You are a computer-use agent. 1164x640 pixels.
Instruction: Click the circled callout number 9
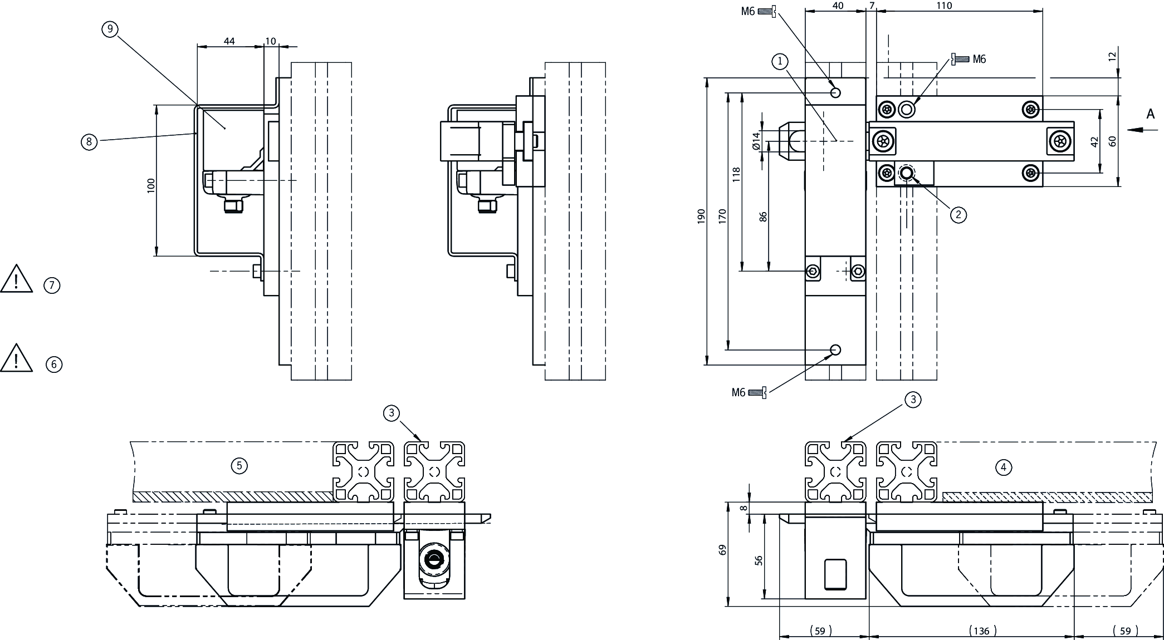coord(110,29)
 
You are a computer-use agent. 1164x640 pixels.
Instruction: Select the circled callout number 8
coord(89,142)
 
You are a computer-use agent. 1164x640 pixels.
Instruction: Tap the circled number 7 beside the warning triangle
coord(52,285)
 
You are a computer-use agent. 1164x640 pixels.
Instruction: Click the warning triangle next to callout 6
coord(16,358)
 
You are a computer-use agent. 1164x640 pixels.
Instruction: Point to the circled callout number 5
coord(239,465)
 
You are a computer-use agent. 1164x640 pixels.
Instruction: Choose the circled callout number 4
coord(1003,467)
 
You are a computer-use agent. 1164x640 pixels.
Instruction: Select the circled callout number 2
coord(958,214)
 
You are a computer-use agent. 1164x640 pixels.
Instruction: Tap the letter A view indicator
coord(1150,114)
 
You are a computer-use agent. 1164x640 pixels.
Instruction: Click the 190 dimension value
coord(701,216)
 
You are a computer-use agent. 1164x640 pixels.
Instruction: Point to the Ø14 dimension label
coord(756,140)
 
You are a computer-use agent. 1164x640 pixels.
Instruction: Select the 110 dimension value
coord(943,6)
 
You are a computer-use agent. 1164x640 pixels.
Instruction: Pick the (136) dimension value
coord(982,631)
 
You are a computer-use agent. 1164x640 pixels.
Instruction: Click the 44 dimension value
coord(229,41)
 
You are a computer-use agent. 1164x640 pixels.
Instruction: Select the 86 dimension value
coord(763,216)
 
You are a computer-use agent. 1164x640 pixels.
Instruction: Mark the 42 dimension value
coord(1094,142)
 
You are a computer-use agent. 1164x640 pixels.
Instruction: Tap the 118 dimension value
coord(736,175)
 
